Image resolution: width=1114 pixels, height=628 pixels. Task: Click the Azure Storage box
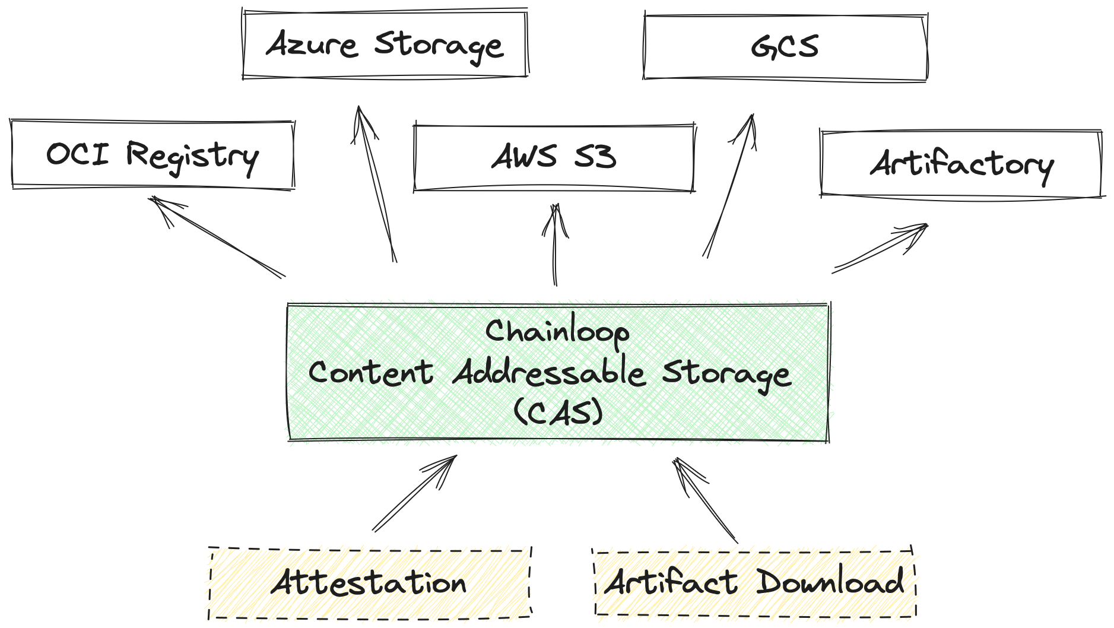tap(385, 44)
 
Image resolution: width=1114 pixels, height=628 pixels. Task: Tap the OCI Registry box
tap(153, 154)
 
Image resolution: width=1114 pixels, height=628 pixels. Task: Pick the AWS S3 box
tap(554, 158)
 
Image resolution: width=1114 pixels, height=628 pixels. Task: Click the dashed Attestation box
tap(369, 583)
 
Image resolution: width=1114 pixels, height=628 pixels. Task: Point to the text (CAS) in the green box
tap(558, 412)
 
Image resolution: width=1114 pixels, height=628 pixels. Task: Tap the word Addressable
tap(548, 373)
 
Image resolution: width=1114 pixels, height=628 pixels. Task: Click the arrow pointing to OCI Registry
tap(217, 237)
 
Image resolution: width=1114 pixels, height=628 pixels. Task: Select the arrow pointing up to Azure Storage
tap(376, 184)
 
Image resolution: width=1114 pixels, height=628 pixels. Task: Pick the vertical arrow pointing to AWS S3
tap(556, 245)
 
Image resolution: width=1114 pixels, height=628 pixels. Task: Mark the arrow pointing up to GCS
tap(729, 185)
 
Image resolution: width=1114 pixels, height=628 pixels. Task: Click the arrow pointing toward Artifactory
tap(880, 249)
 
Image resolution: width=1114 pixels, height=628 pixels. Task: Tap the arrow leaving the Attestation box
tap(414, 493)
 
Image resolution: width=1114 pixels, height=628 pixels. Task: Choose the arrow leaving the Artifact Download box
tap(706, 500)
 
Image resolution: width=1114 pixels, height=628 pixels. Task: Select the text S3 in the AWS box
tap(595, 157)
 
